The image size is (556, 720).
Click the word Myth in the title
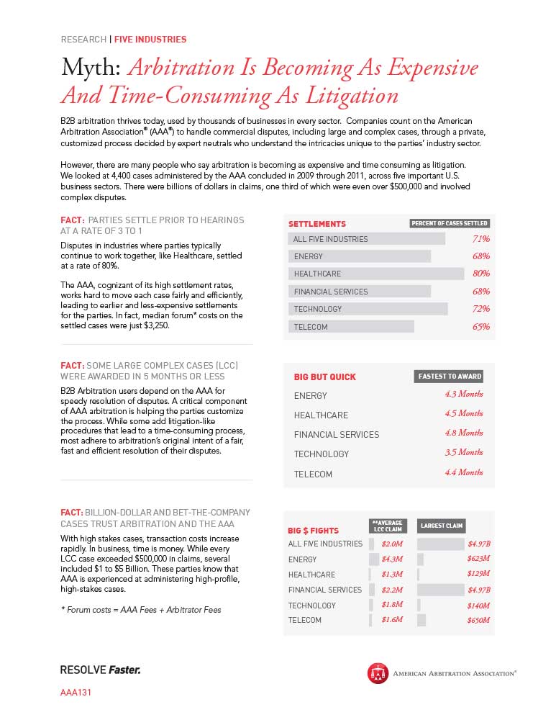90,68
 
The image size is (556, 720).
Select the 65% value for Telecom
481,327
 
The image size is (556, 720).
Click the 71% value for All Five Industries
481,239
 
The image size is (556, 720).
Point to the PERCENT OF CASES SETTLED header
450,223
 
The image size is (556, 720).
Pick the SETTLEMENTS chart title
317,224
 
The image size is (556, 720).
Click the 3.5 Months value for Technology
463,453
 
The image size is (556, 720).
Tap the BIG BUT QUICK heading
324,377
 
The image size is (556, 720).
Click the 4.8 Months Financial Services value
463,433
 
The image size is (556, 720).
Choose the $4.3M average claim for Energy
393,559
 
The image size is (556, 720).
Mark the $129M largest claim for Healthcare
478,574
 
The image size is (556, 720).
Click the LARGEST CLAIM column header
442,526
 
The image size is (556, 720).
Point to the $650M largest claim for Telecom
478,620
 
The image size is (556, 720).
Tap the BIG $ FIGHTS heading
313,531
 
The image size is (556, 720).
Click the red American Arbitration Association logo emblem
378,673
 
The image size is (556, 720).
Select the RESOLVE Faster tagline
100,670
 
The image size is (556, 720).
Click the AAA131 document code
76,693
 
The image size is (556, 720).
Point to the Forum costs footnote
140,610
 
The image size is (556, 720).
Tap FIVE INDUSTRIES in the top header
150,39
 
